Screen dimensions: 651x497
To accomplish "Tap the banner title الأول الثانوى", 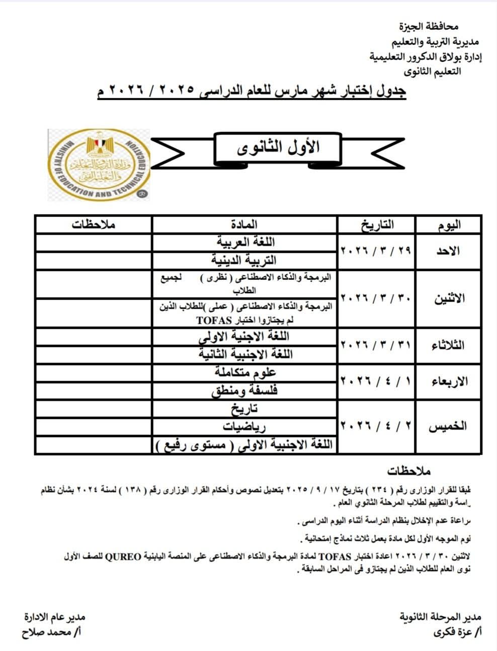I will (278, 148).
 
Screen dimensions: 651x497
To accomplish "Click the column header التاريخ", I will (376, 224).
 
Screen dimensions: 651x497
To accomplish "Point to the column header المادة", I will (244, 224).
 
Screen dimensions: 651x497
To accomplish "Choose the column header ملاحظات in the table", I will (94, 224).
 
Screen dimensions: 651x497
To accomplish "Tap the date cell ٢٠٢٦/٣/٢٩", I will (376, 251).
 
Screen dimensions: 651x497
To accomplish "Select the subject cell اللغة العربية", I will (244, 242).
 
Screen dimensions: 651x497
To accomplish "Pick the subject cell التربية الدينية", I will (244, 260).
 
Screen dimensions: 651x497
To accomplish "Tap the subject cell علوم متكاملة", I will (244, 373).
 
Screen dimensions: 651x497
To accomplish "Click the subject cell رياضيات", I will (244, 427).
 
